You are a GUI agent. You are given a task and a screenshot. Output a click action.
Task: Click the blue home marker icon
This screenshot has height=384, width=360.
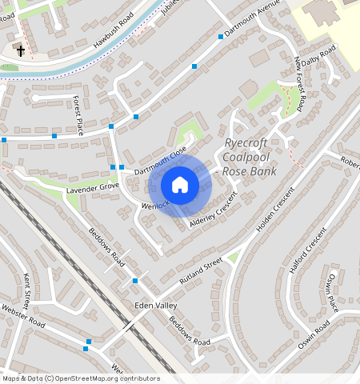click(180, 186)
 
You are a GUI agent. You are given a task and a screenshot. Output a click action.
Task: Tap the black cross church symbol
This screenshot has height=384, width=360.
click(21, 51)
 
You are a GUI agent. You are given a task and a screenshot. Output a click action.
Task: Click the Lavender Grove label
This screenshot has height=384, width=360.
click(93, 189)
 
